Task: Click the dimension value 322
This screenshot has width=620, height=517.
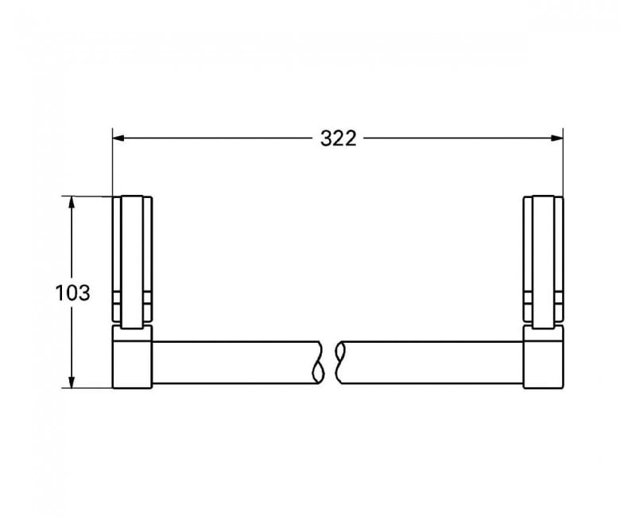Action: click(x=338, y=138)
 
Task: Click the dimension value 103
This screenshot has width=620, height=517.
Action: click(x=72, y=293)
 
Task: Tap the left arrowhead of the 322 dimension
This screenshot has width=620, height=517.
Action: click(x=119, y=138)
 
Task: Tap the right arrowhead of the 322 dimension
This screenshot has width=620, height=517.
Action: click(x=556, y=138)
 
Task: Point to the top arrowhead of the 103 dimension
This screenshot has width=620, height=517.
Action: click(x=72, y=202)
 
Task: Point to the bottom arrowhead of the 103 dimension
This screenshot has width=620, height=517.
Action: click(x=72, y=382)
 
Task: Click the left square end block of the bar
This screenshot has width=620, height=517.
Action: click(x=133, y=357)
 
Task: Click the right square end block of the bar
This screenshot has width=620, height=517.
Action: click(x=544, y=357)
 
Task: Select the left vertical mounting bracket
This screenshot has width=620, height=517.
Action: click(x=133, y=262)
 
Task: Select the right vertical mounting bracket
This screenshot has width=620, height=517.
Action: click(x=544, y=262)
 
